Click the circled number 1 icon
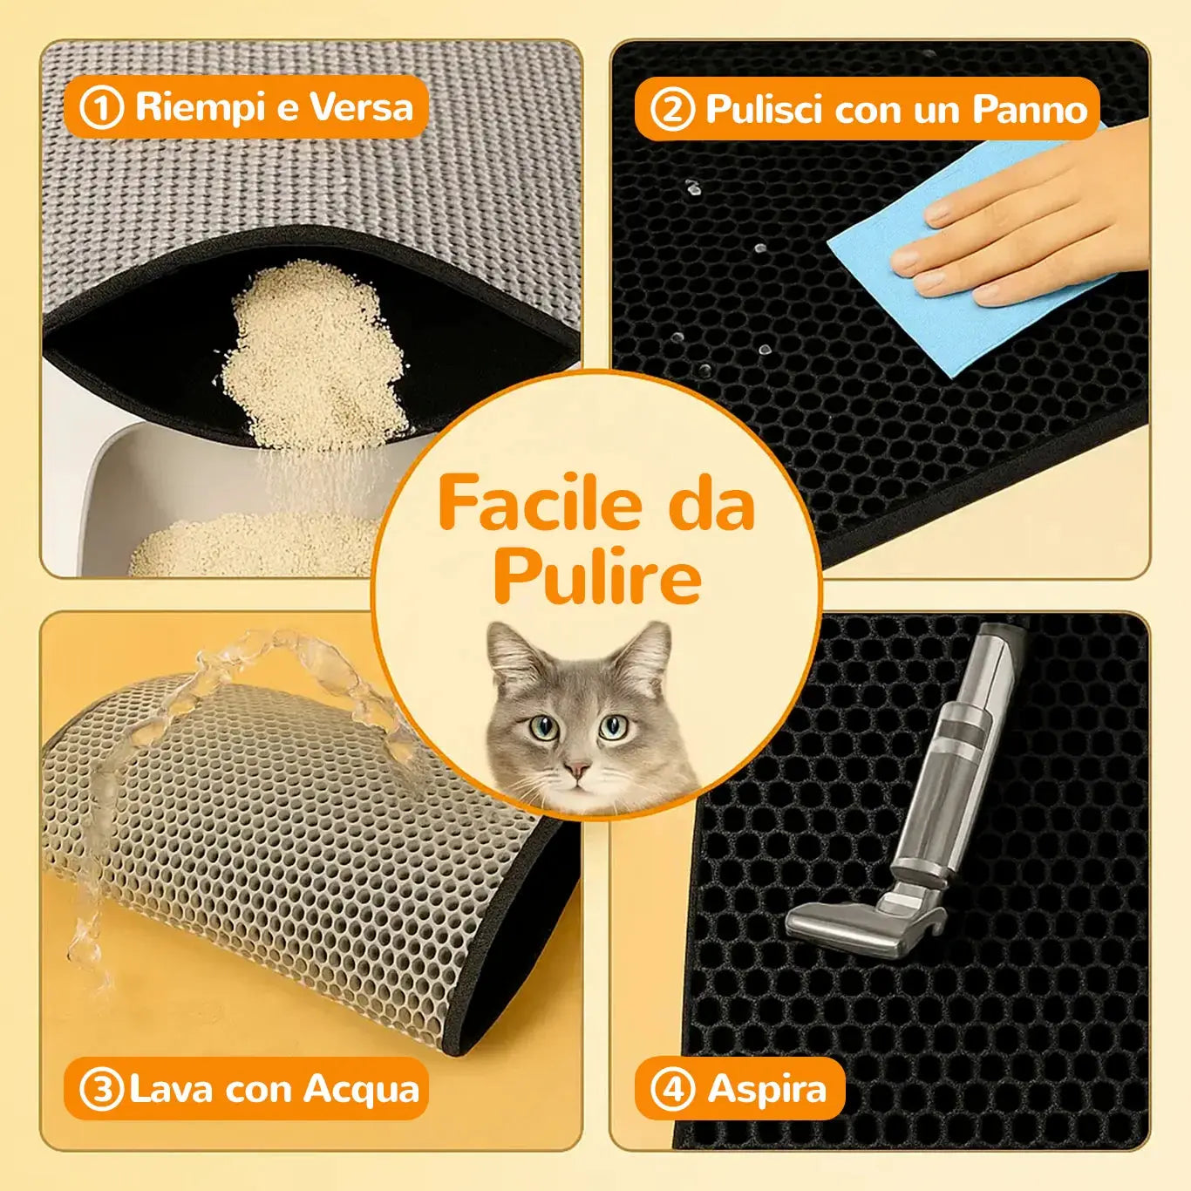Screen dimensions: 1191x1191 coord(102,107)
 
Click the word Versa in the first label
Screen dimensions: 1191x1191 coord(360,106)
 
